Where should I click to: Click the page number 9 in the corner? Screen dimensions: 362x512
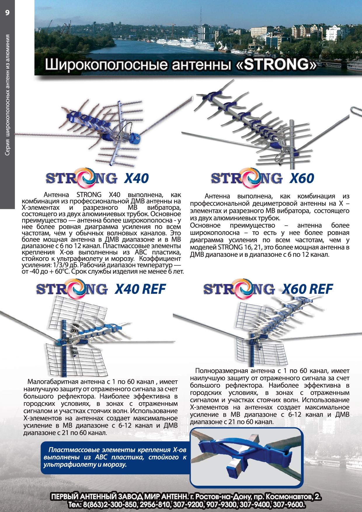[7, 13]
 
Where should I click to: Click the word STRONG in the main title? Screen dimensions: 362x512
[276, 64]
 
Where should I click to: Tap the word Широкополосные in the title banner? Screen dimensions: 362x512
[106, 65]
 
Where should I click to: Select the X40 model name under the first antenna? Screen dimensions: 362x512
[137, 178]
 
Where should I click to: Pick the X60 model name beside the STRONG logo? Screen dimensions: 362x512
[302, 178]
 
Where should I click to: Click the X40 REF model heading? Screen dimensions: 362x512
[140, 289]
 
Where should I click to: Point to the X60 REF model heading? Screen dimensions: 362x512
[307, 289]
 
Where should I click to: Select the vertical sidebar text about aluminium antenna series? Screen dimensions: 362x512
[8, 95]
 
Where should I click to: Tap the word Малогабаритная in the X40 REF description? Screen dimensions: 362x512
[53, 382]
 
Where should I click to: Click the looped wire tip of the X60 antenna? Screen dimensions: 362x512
[355, 111]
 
